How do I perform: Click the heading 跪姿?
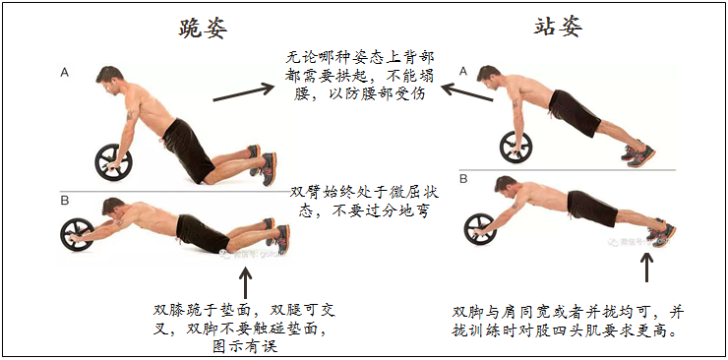[203, 30]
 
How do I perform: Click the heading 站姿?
[558, 27]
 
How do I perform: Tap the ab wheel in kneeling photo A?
[114, 162]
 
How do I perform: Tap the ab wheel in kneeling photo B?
[77, 234]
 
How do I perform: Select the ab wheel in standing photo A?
[516, 148]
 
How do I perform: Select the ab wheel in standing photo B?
[480, 229]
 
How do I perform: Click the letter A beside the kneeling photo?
[65, 73]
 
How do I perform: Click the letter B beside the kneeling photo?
[65, 201]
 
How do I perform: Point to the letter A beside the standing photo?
[463, 70]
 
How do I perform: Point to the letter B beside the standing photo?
[463, 179]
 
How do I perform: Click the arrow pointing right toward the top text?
[244, 91]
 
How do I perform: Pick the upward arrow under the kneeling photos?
[245, 282]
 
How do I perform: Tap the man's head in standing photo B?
[506, 187]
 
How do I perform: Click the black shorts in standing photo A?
[575, 113]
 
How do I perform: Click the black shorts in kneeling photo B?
[202, 233]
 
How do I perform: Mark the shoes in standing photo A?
[638, 154]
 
